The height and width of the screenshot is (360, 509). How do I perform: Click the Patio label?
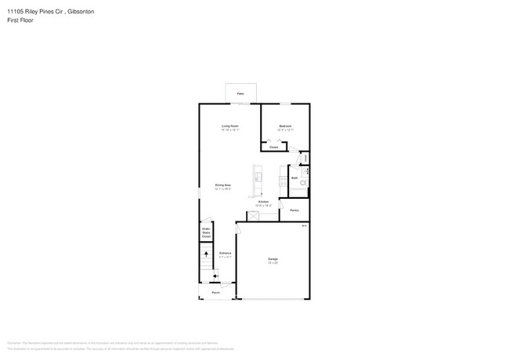coord(240,93)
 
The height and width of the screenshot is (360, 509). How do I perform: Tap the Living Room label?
coord(229,126)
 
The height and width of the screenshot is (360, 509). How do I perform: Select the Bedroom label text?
coord(286,126)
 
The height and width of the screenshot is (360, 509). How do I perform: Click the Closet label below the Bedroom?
coord(273,147)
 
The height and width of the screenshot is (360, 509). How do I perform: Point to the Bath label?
coord(294,178)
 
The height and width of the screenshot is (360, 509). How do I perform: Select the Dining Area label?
coord(222,185)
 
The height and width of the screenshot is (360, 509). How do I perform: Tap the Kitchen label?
coord(264,202)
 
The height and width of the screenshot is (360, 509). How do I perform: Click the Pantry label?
coord(294,210)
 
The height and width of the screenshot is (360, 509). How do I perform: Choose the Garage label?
coord(273,258)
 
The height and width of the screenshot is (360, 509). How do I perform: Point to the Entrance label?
coord(225,254)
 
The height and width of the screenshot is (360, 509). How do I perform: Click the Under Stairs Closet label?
coord(206,232)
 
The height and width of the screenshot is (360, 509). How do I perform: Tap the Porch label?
coord(215,293)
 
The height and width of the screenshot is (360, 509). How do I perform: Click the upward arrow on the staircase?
coord(207,253)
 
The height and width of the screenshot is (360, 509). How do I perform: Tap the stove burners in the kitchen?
coord(283,182)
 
